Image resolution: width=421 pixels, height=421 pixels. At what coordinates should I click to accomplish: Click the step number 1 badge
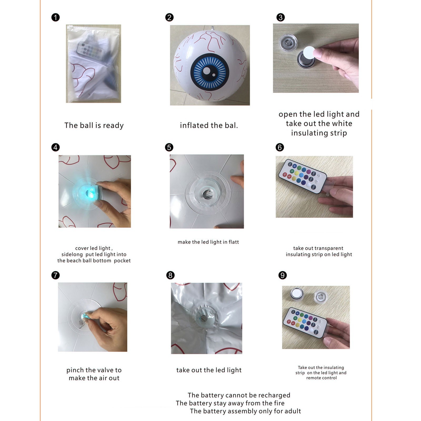tap(56, 18)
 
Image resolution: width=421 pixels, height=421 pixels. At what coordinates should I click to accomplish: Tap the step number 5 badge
tap(169, 147)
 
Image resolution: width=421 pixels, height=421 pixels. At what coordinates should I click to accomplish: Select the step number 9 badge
tap(283, 275)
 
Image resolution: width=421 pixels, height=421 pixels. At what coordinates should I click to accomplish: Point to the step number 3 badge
tap(280, 17)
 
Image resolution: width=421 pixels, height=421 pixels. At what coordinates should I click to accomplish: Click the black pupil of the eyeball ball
tap(210, 72)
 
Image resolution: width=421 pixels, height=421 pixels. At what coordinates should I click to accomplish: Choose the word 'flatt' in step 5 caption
tap(234, 242)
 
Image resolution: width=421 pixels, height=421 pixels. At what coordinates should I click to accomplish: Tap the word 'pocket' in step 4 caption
tap(122, 261)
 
